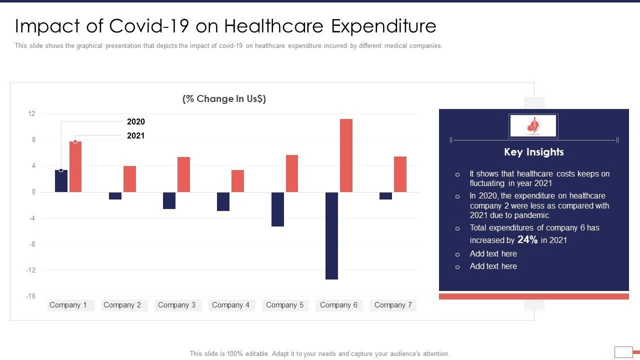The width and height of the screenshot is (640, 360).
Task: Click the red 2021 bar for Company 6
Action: [346, 155]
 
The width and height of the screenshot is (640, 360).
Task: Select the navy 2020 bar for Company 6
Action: [331, 235]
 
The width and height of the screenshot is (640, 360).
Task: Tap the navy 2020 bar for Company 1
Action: [61, 181]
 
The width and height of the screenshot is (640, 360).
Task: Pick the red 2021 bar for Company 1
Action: [75, 166]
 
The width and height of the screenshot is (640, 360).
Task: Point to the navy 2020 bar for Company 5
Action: [277, 209]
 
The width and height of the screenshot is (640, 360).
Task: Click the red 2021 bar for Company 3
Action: [183, 174]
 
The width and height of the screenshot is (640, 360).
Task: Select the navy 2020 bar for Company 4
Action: [223, 201]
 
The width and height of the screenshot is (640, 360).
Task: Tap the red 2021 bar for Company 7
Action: [400, 174]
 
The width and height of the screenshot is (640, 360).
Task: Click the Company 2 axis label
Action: [122, 305]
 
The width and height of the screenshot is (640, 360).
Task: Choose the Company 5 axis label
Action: [284, 305]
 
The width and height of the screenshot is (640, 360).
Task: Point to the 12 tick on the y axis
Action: [32, 114]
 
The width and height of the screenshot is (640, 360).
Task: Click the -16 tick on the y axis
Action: [31, 296]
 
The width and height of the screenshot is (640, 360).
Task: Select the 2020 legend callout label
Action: [136, 121]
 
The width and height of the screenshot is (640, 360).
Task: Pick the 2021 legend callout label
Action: [136, 135]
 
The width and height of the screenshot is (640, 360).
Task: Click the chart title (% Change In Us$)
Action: [224, 99]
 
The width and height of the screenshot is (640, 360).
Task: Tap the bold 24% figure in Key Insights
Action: [527, 240]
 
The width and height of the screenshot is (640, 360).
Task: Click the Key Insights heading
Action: [533, 152]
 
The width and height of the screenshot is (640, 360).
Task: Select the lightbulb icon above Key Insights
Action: [533, 126]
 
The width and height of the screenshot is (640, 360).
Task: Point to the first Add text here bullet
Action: [493, 254]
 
